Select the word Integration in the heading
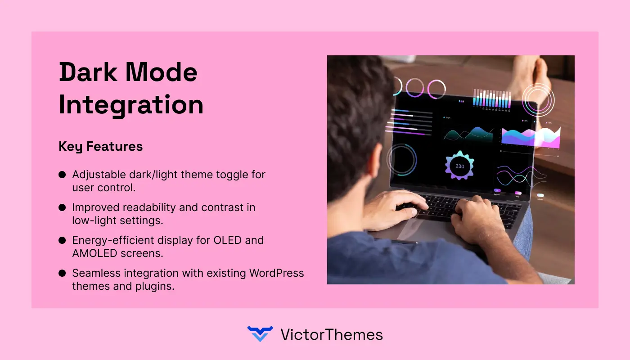tap(131, 105)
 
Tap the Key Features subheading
tap(100, 146)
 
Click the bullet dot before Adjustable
tap(62, 175)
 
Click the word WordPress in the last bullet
tap(276, 273)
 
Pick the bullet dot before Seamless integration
tap(62, 273)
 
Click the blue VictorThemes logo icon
tap(260, 334)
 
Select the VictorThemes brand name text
tap(331, 334)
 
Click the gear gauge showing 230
tap(459, 166)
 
